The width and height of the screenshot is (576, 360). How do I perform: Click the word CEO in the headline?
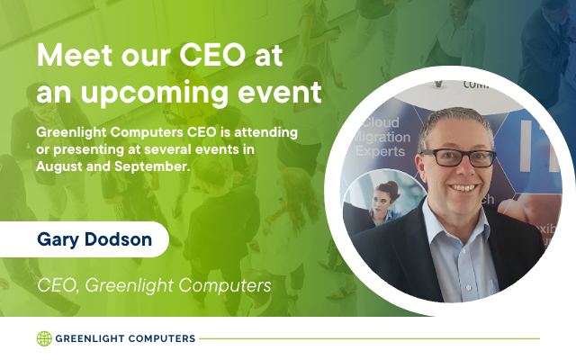(x=212, y=55)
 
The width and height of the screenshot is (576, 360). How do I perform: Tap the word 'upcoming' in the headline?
(x=154, y=94)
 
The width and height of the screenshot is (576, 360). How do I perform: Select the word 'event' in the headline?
(x=280, y=92)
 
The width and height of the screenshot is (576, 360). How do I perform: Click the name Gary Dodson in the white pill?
(x=94, y=239)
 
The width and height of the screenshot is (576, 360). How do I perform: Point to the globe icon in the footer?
(x=44, y=338)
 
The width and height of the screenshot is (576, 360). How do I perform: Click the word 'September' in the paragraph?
(x=152, y=167)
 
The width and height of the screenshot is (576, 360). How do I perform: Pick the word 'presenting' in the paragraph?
(x=89, y=150)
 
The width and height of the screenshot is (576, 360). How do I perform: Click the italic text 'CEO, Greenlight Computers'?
(x=154, y=286)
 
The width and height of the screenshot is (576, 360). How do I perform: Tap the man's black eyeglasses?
(x=458, y=157)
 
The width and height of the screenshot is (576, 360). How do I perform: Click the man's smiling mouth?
(x=463, y=188)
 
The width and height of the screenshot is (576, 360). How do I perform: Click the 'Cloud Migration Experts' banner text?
(x=382, y=137)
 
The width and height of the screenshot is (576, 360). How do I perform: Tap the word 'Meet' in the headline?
(x=75, y=55)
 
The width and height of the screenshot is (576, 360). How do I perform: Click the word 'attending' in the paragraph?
(x=266, y=133)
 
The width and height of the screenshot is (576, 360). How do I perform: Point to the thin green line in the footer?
(x=370, y=338)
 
